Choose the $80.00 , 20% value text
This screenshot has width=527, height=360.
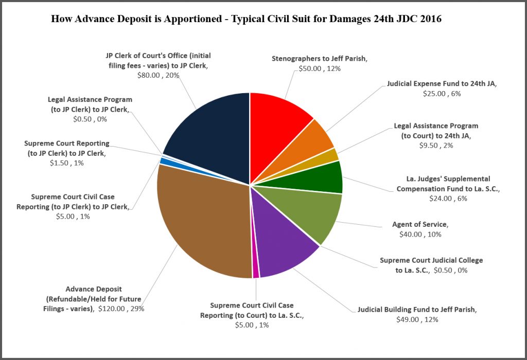click(x=158, y=75)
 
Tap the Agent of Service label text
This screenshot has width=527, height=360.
click(x=420, y=225)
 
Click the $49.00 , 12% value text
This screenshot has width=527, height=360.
click(x=417, y=319)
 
